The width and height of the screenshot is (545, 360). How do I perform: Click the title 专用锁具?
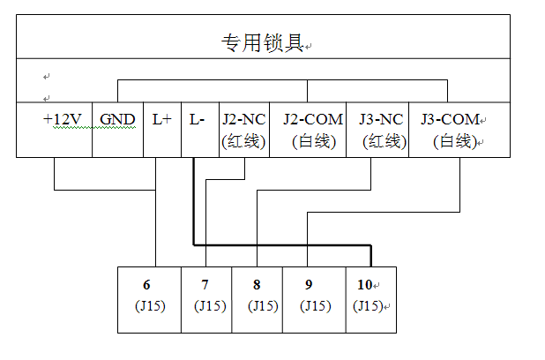(261, 42)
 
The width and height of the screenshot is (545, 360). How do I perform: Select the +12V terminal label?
(62, 119)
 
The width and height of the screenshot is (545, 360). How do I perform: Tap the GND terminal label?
(117, 119)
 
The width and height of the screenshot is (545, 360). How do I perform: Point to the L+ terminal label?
(161, 119)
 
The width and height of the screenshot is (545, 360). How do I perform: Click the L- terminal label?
(198, 119)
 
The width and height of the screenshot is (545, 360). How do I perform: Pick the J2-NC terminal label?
(243, 119)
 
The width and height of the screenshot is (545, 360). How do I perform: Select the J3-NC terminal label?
(382, 119)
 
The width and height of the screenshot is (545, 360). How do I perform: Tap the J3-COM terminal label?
(450, 119)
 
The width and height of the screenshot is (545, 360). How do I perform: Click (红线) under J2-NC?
(243, 140)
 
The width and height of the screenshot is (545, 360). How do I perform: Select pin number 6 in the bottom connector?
(146, 285)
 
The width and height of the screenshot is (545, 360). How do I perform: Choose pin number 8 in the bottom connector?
(256, 285)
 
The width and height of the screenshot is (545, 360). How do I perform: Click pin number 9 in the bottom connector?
(308, 285)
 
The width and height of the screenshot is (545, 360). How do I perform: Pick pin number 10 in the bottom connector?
(365, 285)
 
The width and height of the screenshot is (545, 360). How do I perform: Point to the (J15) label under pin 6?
(146, 306)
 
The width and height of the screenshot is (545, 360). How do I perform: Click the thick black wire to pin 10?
(282, 244)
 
